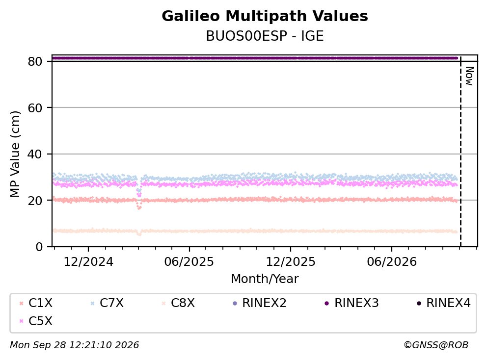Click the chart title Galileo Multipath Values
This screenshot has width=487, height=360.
click(265, 16)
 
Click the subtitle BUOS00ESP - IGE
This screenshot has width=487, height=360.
click(265, 36)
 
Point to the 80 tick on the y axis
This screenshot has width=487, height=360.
click(35, 61)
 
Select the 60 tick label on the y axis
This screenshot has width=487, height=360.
click(35, 108)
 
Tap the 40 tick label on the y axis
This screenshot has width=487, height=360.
click(35, 154)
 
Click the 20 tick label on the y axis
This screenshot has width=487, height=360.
click(35, 201)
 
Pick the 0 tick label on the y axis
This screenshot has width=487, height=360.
click(39, 247)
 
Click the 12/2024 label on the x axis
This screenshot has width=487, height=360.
click(88, 262)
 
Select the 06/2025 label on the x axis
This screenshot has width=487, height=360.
click(189, 262)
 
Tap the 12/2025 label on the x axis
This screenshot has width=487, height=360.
click(291, 262)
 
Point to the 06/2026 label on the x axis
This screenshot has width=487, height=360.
click(392, 262)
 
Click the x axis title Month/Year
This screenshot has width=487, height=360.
click(265, 279)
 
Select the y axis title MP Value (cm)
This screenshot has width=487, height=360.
click(15, 154)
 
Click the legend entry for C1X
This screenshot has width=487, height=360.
click(36, 303)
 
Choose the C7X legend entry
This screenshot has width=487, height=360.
click(107, 303)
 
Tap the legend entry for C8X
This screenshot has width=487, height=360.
click(178, 303)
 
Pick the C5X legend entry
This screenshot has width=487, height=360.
click(36, 321)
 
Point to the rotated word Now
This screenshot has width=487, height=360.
click(469, 76)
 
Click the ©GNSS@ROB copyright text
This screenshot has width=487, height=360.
click(436, 345)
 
